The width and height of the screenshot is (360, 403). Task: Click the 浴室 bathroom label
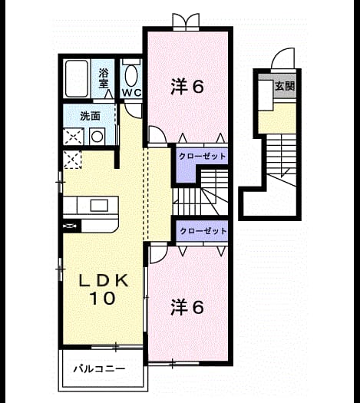104,78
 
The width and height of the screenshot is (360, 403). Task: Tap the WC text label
131,93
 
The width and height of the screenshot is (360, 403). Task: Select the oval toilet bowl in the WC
131,75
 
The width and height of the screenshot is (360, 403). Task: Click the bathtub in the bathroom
77,78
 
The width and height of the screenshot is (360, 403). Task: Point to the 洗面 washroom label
90,116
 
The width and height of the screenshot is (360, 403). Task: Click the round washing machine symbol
97,137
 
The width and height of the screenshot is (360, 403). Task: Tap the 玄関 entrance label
285,86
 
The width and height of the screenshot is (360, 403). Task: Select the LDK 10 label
104,289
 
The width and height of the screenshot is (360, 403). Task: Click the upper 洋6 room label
187,87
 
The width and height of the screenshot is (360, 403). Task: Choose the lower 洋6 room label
187,307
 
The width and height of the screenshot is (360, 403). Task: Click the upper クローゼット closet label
202,156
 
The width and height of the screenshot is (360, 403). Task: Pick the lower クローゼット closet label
203,231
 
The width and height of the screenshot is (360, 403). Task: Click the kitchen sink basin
99,206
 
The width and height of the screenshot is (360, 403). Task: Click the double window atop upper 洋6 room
186,21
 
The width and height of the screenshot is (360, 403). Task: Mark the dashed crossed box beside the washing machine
73,137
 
